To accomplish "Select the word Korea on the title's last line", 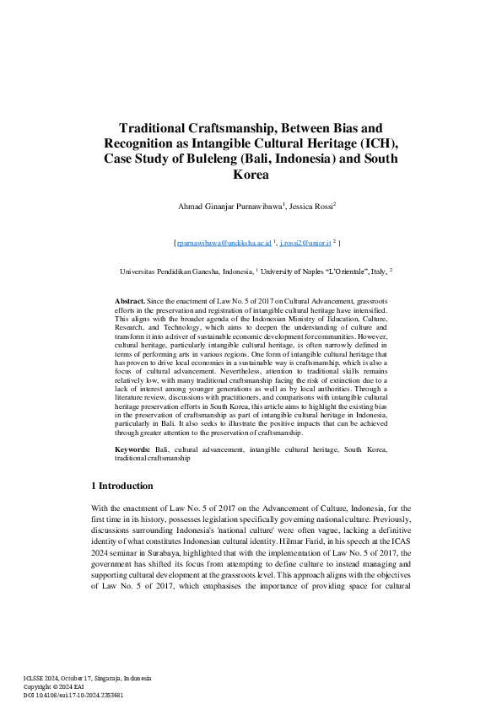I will [x=251, y=175].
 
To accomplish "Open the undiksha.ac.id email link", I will [x=223, y=243].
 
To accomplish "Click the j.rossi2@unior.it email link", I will [x=305, y=243].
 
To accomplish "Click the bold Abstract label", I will [x=130, y=300].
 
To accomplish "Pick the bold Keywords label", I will [x=133, y=450].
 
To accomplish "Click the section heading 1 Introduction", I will [x=121, y=487].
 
